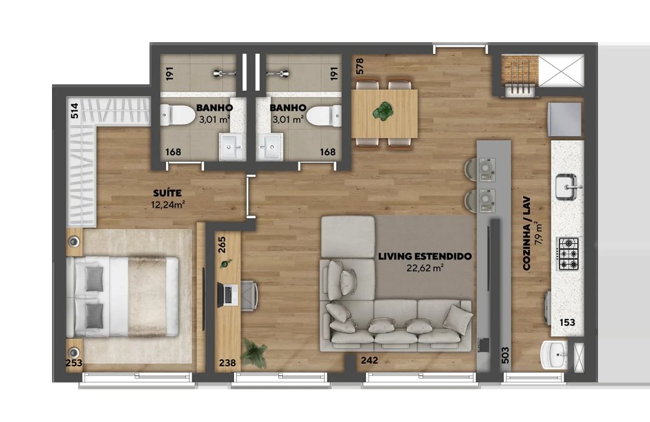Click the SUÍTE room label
click(x=167, y=193)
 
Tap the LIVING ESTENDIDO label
click(x=425, y=256)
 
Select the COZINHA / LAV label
click(x=527, y=233)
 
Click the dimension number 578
click(x=359, y=66)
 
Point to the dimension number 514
click(x=75, y=110)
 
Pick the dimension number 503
click(x=505, y=355)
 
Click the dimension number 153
click(x=567, y=322)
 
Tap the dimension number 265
click(x=222, y=245)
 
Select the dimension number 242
click(x=369, y=360)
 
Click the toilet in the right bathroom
click(x=324, y=116)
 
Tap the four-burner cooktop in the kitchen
click(x=568, y=253)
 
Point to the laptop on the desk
click(x=227, y=295)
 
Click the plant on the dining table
click(x=383, y=112)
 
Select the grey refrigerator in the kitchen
click(x=565, y=119)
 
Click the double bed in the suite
click(x=123, y=297)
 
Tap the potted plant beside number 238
click(x=253, y=352)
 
